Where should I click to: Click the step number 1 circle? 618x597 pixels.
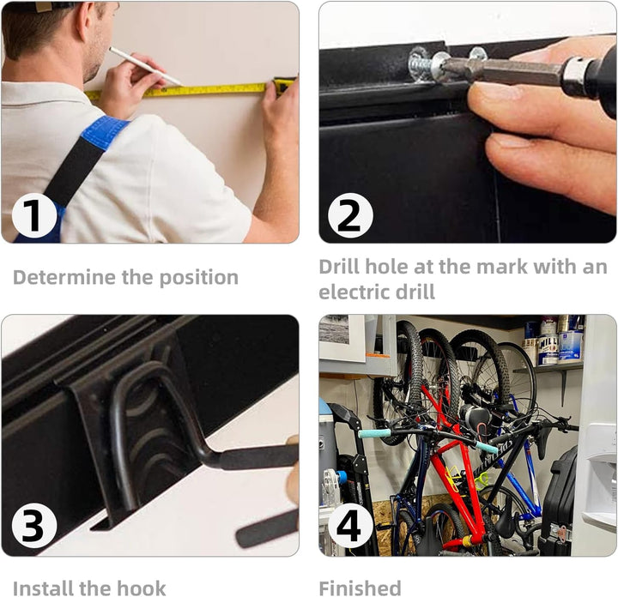(x=34, y=216)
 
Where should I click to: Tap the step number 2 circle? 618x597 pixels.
(x=350, y=216)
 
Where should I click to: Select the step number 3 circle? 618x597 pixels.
(x=34, y=525)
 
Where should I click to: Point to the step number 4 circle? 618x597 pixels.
(x=350, y=525)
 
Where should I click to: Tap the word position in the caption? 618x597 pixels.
(x=198, y=279)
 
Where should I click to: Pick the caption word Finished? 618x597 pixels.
(x=360, y=588)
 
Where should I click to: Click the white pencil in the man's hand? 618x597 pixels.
(x=145, y=66)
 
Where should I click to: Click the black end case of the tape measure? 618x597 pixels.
(x=285, y=86)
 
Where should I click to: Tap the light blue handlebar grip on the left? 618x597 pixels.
(x=374, y=433)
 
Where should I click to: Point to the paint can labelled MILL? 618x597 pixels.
(x=548, y=350)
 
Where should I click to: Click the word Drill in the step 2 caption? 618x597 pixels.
(x=339, y=267)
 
